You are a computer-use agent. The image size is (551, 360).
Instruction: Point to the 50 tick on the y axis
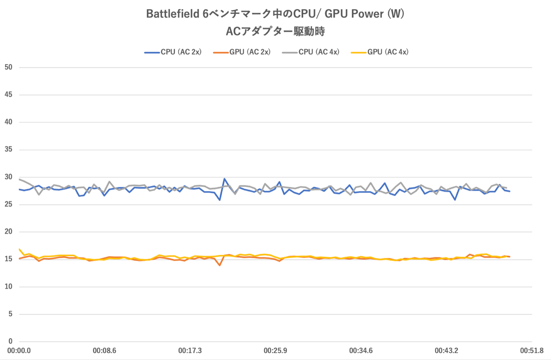click(8, 67)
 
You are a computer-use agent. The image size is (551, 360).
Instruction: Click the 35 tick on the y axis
click(8, 149)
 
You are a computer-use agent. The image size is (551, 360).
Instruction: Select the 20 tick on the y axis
click(8, 231)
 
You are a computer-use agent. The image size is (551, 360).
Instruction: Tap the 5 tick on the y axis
click(10, 314)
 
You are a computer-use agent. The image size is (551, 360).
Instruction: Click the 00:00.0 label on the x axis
click(19, 350)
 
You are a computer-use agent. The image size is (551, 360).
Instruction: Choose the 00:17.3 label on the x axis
click(190, 350)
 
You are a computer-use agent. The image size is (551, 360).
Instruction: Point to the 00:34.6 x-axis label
click(361, 350)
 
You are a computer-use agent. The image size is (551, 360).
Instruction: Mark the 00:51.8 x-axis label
click(531, 350)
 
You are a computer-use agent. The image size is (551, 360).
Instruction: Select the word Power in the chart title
click(367, 14)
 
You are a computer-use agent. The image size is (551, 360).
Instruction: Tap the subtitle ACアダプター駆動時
click(275, 31)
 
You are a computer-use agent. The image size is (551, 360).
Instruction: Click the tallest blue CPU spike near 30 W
click(225, 179)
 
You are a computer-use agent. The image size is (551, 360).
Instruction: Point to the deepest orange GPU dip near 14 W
click(219, 265)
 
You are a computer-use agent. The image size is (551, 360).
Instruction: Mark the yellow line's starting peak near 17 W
click(20, 249)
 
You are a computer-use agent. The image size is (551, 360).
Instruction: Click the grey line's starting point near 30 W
click(20, 179)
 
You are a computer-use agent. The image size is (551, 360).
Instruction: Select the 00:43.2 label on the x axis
click(446, 350)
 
